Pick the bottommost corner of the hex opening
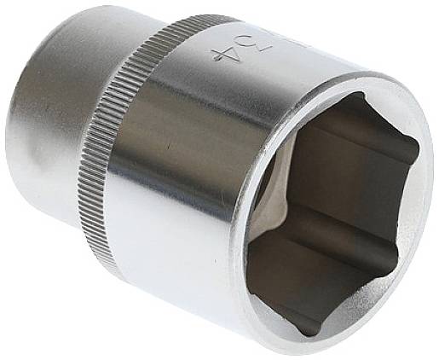300,332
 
